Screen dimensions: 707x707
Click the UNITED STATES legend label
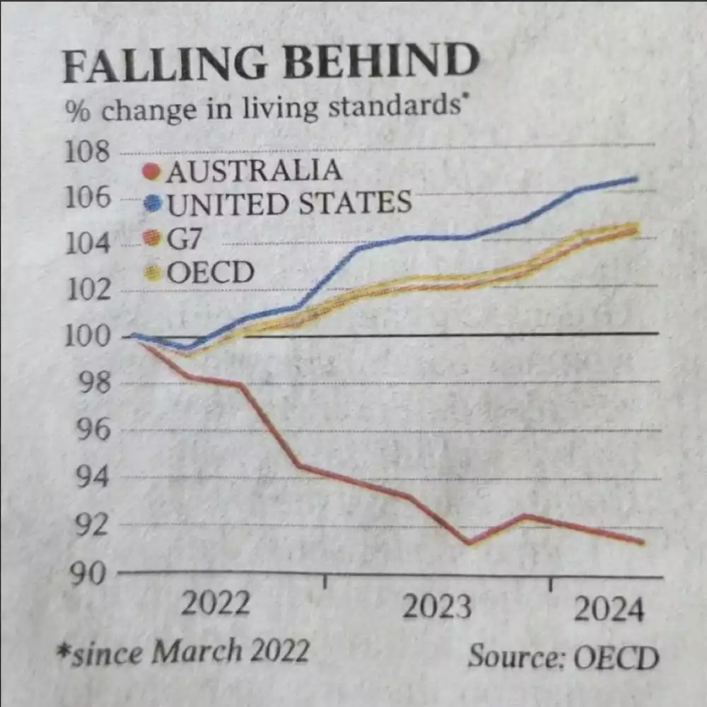coord(288,204)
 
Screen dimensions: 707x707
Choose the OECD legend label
coord(210,272)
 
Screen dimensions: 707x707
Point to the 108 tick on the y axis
coord(88,153)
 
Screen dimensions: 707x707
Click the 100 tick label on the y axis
coord(88,337)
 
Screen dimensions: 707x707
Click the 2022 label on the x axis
coord(216,605)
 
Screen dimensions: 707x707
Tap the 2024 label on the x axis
coord(609,609)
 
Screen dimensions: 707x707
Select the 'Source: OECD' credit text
coord(563,657)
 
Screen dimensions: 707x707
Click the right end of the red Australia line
coord(642,542)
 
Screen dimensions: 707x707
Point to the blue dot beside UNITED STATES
coord(153,205)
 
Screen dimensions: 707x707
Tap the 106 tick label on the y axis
coord(88,198)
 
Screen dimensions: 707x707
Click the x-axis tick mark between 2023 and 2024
coord(551,584)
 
